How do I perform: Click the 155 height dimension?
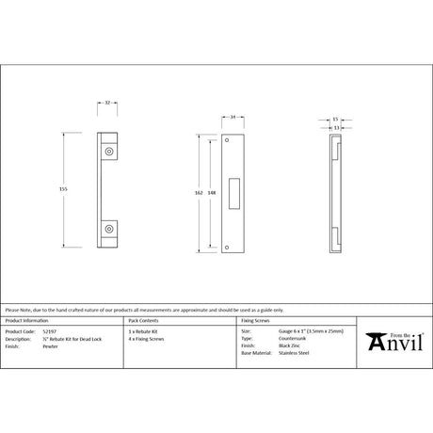[63, 188]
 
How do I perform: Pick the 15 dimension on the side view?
[336, 120]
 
